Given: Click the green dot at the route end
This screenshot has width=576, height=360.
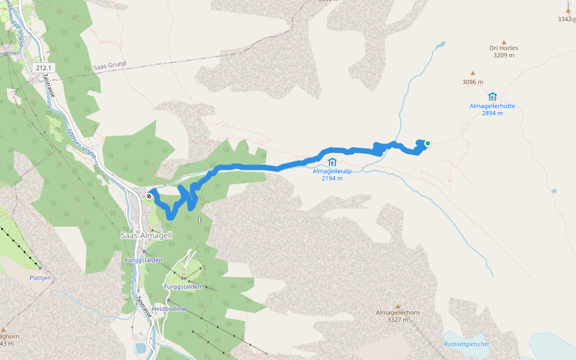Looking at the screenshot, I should point(428,143).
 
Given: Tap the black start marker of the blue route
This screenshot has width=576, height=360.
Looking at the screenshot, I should point(149,196).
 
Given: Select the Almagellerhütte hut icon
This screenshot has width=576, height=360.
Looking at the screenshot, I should point(493,97).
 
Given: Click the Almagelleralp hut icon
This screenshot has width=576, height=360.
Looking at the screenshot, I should point(332,162).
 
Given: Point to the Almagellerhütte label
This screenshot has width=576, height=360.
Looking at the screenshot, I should point(492,106).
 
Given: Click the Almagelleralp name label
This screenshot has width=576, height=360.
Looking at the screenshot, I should point(332,171).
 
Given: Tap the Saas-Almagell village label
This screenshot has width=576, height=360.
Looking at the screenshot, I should point(146,236).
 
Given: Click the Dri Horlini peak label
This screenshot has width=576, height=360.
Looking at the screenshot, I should point(504,47).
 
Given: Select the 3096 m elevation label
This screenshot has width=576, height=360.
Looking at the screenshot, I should point(473,82).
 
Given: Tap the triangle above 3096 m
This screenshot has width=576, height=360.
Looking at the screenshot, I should point(473,73).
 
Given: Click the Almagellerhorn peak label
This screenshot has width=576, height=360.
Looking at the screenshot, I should point(398,313).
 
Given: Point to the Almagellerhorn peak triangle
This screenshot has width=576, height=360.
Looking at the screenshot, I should point(398,306).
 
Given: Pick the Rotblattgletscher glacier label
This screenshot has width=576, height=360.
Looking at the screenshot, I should point(467,344).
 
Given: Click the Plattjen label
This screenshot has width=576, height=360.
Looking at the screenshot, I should point(40,278).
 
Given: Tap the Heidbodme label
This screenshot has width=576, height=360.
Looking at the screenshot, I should point(169,309).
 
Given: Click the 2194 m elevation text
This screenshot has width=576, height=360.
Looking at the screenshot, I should point(332,178).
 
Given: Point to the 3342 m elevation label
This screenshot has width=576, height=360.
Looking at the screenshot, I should point(566,19).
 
